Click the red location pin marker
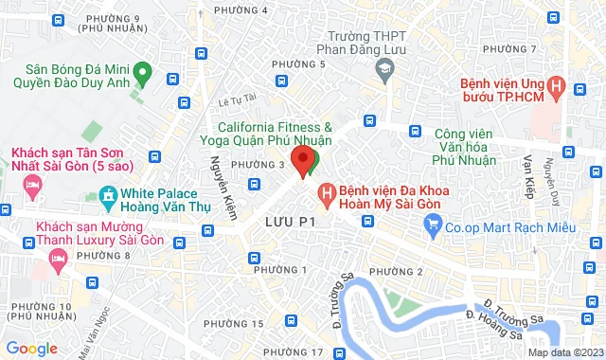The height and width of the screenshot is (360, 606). pyautogui.click(x=303, y=160)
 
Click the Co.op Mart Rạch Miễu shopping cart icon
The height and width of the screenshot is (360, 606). pyautogui.click(x=434, y=225)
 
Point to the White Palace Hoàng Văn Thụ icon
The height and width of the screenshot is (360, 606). pyautogui.click(x=107, y=198)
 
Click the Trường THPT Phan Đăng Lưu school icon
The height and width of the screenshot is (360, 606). pyautogui.click(x=385, y=67)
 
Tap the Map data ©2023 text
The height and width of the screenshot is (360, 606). pyautogui.click(x=564, y=353)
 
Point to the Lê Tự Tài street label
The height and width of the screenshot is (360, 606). pyautogui.click(x=238, y=98)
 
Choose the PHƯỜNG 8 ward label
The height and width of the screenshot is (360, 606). pyautogui.click(x=104, y=256)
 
